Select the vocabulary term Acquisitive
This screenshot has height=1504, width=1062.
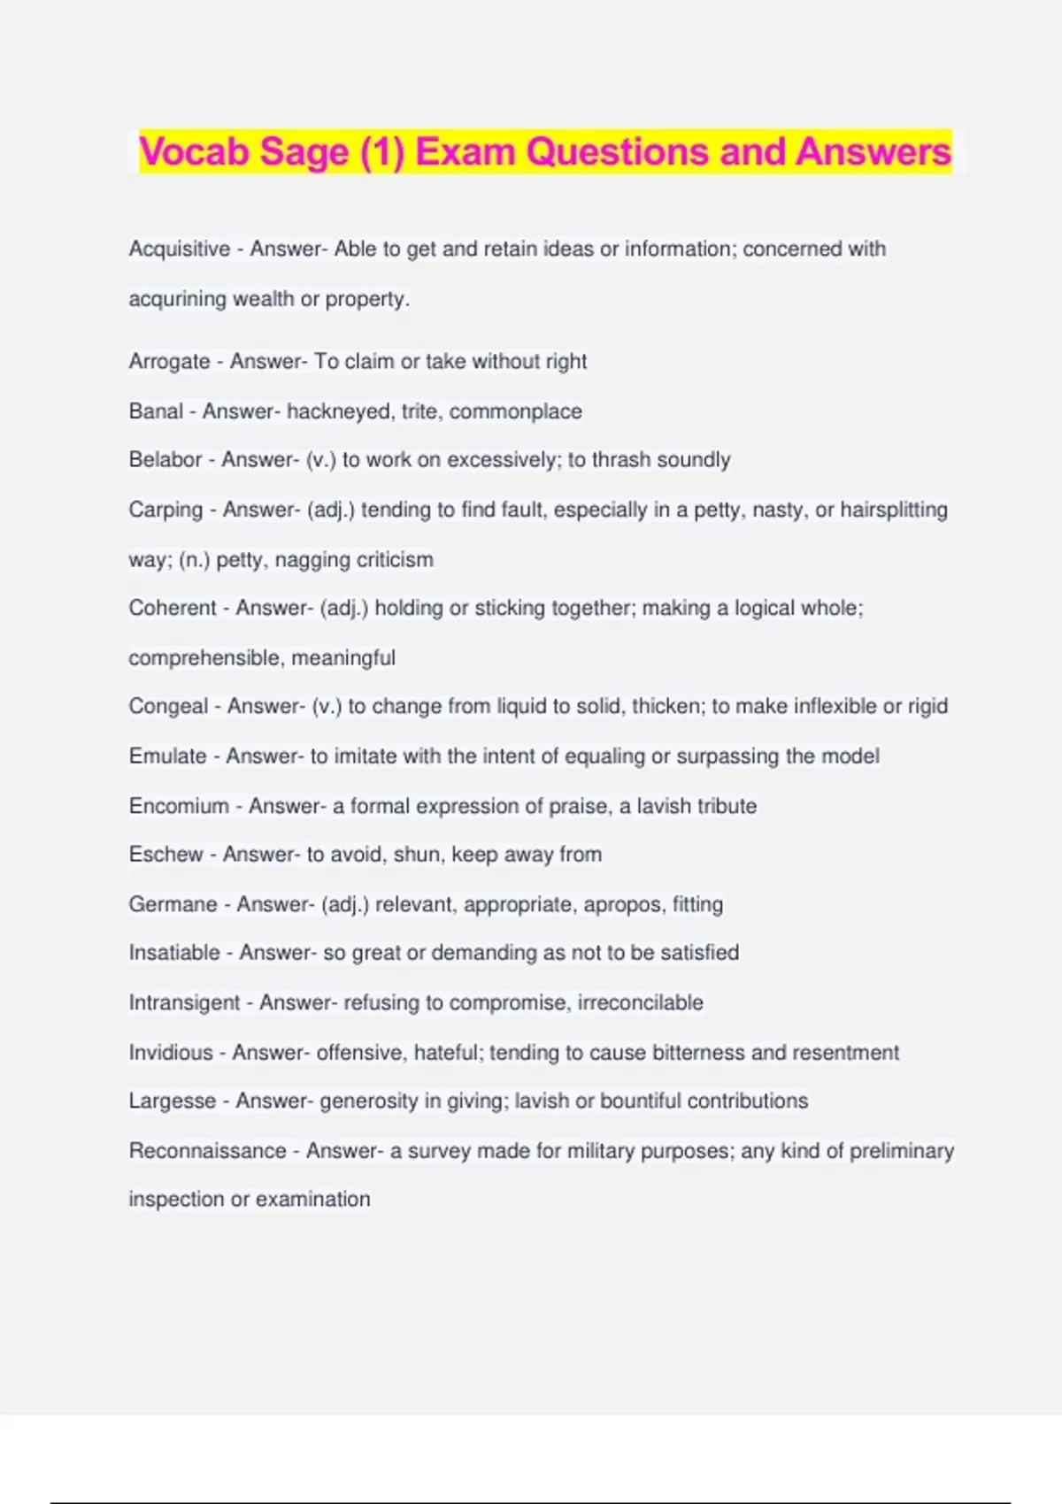click(x=180, y=249)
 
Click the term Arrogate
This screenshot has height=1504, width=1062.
click(x=169, y=362)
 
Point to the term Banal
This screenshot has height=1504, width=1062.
click(x=156, y=411)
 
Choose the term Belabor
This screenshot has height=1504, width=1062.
click(x=165, y=460)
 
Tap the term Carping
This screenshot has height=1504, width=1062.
click(x=165, y=510)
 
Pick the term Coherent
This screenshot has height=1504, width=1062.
click(x=173, y=609)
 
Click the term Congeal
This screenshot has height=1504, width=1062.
click(x=168, y=707)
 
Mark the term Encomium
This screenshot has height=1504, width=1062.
click(x=179, y=807)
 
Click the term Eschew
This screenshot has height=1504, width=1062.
click(x=166, y=855)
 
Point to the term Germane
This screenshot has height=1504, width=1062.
click(x=173, y=905)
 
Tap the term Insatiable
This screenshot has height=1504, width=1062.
click(x=174, y=953)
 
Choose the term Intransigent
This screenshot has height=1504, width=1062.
click(x=184, y=1003)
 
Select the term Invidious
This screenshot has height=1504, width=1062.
click(x=171, y=1053)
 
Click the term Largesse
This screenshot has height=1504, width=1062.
click(x=172, y=1101)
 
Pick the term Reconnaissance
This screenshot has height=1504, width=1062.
click(x=207, y=1151)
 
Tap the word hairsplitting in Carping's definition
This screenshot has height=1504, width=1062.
click(x=893, y=510)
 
